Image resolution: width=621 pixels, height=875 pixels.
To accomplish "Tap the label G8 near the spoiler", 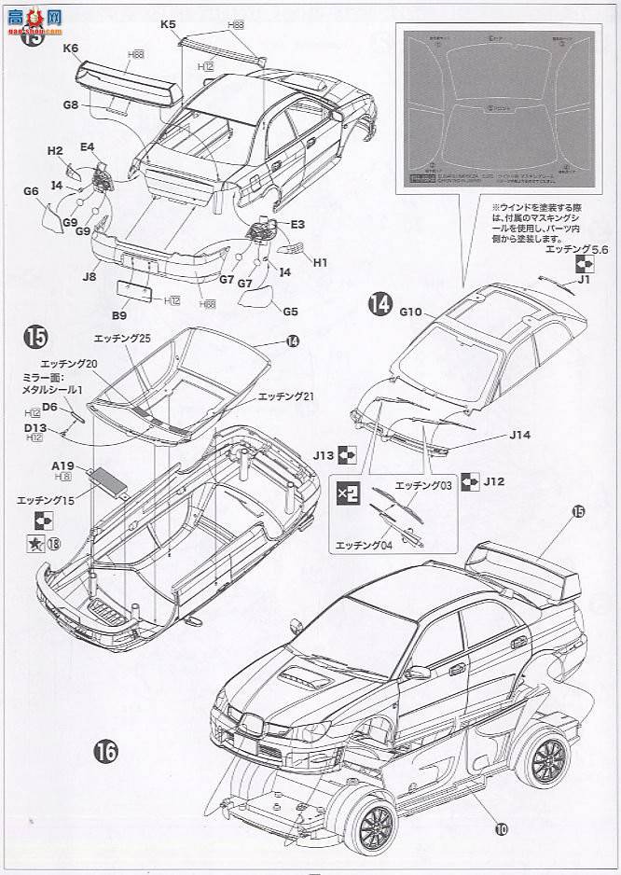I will tap(71, 105).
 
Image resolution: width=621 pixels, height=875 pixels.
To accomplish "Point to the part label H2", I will tap(55, 150).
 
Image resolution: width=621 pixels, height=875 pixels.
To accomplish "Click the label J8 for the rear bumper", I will tap(90, 275).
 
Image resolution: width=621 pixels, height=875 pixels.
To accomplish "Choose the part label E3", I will tap(298, 225).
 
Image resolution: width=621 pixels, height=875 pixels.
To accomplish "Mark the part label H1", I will tap(320, 263).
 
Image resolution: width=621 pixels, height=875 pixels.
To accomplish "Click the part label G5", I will tap(289, 312).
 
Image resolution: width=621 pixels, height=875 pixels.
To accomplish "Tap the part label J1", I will tap(585, 278).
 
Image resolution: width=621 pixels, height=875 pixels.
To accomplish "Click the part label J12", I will tap(494, 481).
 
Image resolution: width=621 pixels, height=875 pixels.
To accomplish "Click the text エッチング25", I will tap(123, 336).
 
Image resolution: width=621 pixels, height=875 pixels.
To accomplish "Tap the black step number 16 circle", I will tap(105, 751).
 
